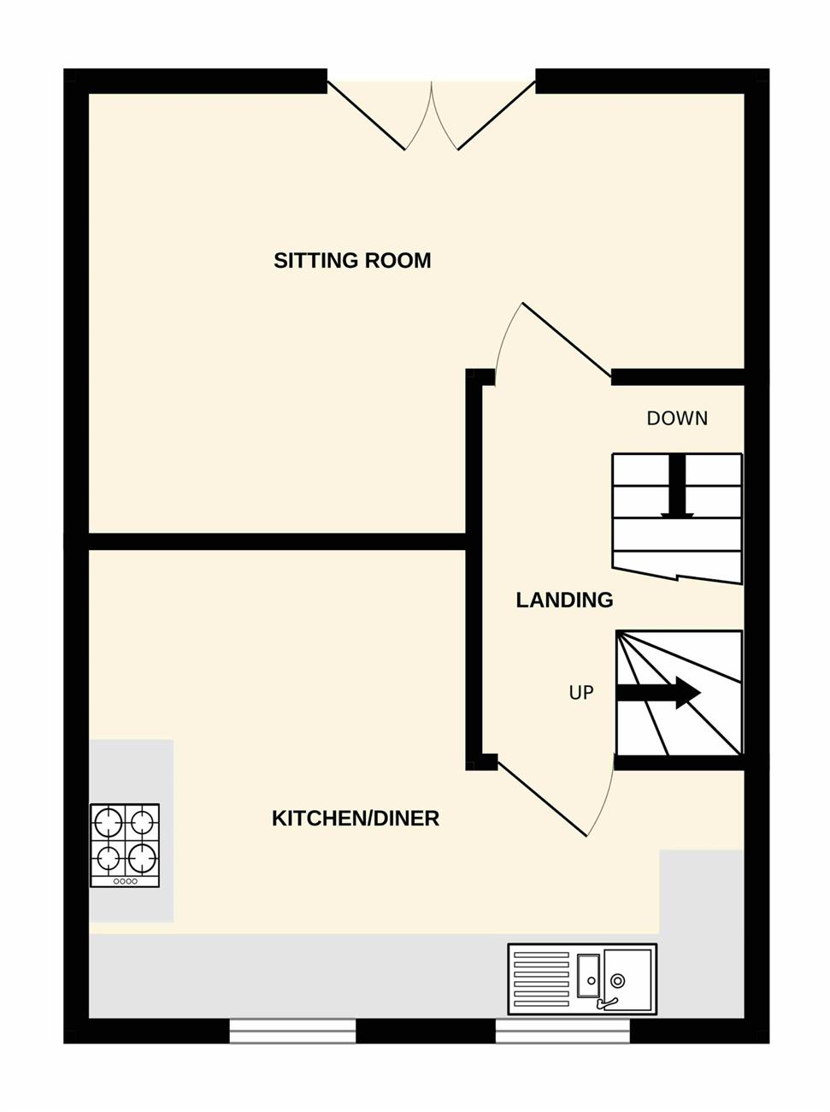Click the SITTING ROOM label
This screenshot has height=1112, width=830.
pos(352,260)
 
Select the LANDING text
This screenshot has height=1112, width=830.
pos(564,600)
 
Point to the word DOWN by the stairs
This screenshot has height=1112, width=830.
pos(677,418)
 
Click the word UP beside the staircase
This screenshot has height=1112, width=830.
pos(581,693)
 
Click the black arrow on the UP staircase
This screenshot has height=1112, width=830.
pos(658,693)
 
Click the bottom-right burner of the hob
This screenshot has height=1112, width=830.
pos(142,858)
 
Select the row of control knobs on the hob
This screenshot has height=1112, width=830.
pos(125,881)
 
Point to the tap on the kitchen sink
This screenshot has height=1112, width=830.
pos(607,1002)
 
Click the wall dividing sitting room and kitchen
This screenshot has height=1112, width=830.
pos(277,541)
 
